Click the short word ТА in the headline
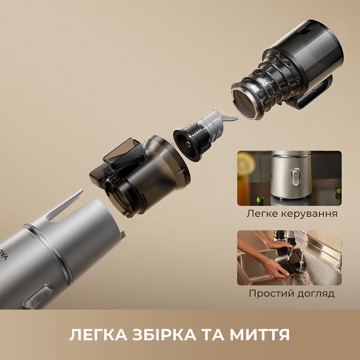[x=207, y=335]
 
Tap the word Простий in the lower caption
[x=268, y=293]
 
